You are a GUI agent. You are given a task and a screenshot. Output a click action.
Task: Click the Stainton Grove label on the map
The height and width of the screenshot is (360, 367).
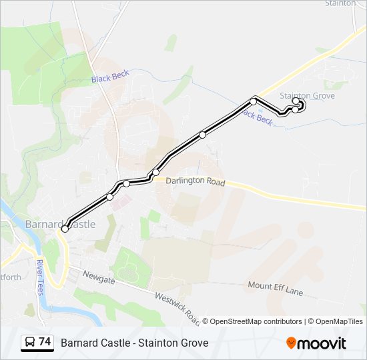coord(307,96)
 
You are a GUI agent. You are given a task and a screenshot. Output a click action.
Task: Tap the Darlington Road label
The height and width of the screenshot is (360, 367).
coord(196,181)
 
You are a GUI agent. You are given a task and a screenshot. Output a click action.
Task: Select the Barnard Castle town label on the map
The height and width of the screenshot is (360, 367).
coord(61,224)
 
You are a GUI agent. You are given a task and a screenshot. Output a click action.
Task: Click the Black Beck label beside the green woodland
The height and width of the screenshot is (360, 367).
coord(110,77)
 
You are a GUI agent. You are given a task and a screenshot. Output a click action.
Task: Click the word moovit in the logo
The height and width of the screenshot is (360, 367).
coord(322,343)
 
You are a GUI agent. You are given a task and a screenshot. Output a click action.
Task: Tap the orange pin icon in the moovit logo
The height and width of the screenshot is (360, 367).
coord(291,343)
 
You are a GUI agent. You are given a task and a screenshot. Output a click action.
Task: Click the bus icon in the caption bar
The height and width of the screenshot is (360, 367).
coord(29,343)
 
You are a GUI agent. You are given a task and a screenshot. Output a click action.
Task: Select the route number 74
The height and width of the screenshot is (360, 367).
coord(45,342)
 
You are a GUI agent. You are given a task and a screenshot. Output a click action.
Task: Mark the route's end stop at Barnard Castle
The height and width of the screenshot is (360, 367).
coord(65,229)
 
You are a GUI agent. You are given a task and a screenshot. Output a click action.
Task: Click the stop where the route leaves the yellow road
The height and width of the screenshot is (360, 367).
coord(254,101)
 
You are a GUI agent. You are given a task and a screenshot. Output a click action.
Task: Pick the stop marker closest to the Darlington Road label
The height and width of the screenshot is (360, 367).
coord(156,173)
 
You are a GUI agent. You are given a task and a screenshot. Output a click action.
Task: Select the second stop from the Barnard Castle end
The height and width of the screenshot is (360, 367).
coord(110,197)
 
